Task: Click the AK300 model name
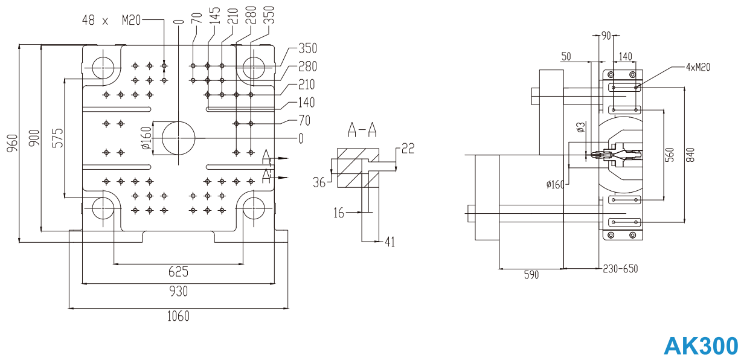[x=701, y=346]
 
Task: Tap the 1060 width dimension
[x=178, y=316]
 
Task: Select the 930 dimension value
[x=178, y=291]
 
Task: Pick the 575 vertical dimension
[x=57, y=138]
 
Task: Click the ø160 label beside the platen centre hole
[x=146, y=138]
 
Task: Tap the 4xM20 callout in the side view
[x=698, y=67]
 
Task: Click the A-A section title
[x=362, y=129]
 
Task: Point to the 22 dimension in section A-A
[x=408, y=149]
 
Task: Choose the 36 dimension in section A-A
[x=319, y=181]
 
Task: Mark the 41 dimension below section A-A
[x=390, y=242]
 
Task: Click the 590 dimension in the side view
[x=531, y=275]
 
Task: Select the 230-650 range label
[x=620, y=269]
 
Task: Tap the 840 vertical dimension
[x=692, y=155]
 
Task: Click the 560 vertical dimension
[x=669, y=155]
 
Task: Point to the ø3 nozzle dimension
[x=580, y=127]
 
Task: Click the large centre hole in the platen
[x=178, y=138]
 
